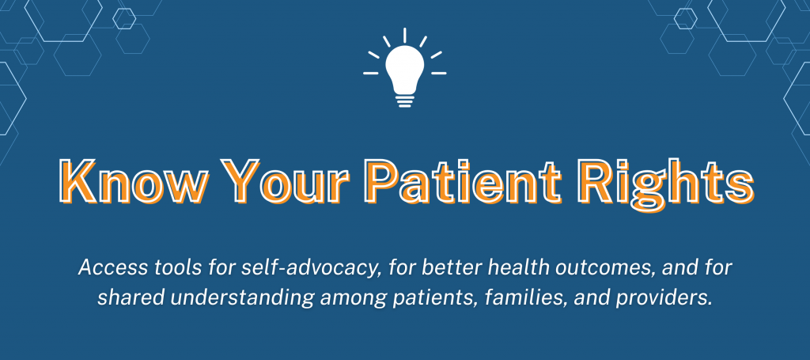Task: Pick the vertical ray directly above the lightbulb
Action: (404, 35)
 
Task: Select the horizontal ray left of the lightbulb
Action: (371, 74)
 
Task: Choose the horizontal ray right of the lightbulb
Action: (438, 74)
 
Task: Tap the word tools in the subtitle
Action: (169, 268)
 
